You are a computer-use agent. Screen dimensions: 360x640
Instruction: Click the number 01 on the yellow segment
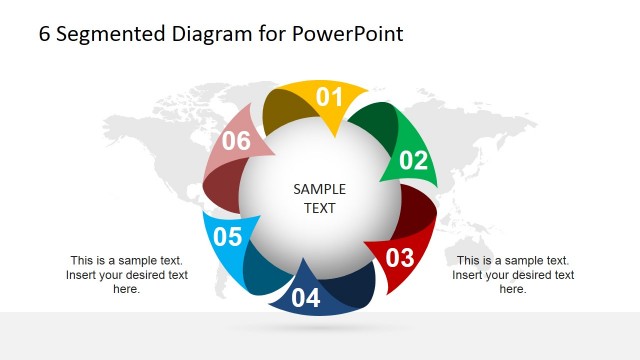coord(330,97)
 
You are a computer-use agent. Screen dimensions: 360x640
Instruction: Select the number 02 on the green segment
coord(413,160)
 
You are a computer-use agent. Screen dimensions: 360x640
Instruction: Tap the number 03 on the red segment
coord(399,257)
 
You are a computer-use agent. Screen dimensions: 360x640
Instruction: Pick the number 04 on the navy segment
coord(306,297)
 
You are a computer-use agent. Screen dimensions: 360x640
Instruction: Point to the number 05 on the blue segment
coord(228,237)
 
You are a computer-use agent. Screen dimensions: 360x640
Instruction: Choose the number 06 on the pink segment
coord(236,141)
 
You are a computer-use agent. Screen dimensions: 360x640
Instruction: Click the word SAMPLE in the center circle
coord(320,189)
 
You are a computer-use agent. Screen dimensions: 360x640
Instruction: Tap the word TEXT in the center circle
coord(320,209)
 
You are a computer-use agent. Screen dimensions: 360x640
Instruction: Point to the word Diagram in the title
coord(213,34)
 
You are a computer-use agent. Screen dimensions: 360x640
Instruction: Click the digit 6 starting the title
coord(44,34)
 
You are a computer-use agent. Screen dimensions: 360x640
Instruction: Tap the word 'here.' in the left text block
coord(126,289)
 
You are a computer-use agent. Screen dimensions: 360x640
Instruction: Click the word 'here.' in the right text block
coord(512,289)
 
